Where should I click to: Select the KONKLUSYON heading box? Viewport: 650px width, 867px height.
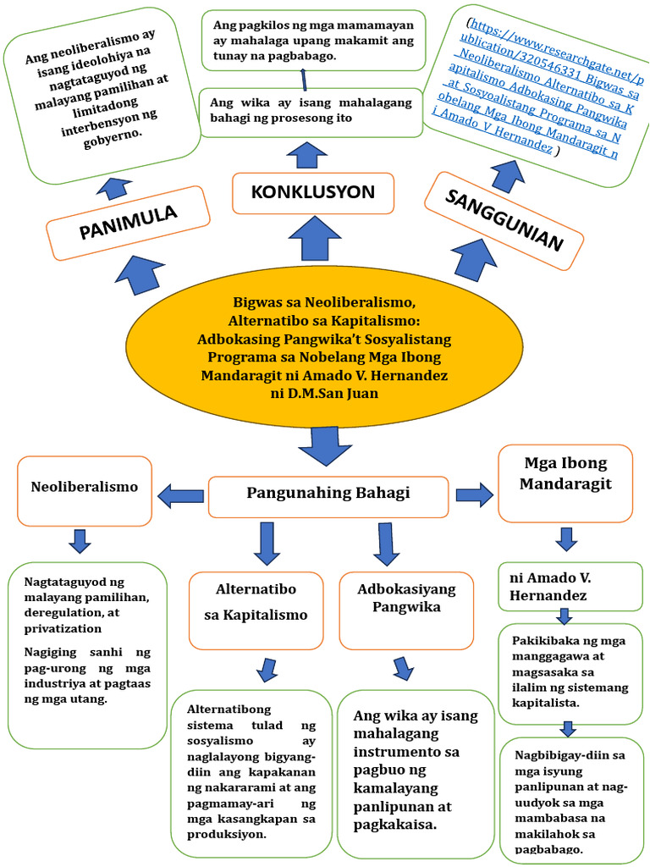tap(312, 192)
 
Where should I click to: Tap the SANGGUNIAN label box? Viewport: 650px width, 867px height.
tap(504, 221)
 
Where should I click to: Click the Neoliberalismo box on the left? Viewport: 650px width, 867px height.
tap(84, 488)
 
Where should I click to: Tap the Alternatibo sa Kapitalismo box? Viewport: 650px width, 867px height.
tap(256, 602)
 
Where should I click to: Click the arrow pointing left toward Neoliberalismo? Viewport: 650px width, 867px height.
tap(180, 496)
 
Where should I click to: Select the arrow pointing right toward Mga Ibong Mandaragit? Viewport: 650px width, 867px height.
tap(475, 494)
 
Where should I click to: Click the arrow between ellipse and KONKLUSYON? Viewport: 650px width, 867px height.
tap(314, 238)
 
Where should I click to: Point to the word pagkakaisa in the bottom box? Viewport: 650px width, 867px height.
tap(396, 823)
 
